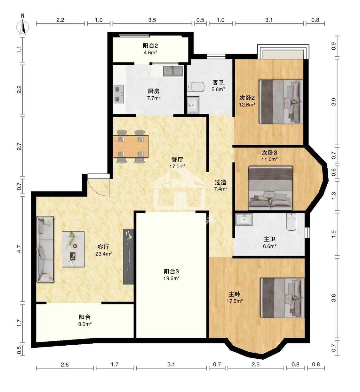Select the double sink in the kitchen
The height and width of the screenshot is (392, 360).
[173, 71]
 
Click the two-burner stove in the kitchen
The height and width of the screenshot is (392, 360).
[119, 94]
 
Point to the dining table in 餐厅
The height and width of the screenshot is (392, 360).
[131, 146]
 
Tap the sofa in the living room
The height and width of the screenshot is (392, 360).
[45, 249]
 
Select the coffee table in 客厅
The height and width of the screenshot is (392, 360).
[73, 249]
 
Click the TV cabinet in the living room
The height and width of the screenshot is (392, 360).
[128, 257]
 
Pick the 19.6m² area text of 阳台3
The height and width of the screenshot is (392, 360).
[172, 278]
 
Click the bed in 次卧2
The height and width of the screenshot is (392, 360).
[281, 102]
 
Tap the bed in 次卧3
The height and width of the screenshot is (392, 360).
[270, 188]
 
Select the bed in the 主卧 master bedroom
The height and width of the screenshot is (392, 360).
[282, 298]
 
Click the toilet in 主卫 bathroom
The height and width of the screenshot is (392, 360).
[291, 221]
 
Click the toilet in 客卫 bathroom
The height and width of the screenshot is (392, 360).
[196, 87]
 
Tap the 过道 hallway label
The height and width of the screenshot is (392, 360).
[220, 182]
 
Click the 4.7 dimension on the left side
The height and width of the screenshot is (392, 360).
[20, 249]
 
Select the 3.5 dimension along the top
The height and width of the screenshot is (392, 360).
[152, 20]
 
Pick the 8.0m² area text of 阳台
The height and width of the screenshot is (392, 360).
[85, 324]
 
